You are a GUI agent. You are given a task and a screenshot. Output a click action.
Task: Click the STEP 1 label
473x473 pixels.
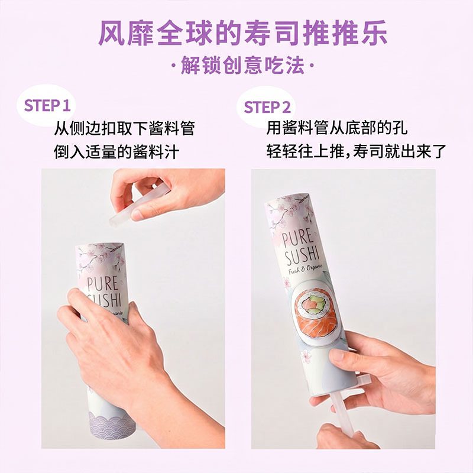(47, 106)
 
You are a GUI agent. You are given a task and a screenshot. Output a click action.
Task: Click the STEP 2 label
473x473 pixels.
(267, 107)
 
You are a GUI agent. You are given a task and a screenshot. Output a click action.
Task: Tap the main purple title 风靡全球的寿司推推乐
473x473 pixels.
(243, 33)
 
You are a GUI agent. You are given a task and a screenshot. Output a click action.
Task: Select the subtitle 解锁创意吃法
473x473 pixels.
(242, 66)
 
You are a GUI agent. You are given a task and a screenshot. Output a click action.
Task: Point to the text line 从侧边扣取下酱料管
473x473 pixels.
(124, 128)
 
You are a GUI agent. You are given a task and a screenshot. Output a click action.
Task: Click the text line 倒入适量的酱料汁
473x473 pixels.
(116, 151)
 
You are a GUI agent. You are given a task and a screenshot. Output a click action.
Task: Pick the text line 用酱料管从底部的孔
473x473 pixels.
(336, 128)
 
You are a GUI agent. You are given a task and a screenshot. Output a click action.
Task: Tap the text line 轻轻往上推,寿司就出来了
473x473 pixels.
(356, 151)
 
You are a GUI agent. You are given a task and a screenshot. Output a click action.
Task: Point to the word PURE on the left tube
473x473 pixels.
(102, 284)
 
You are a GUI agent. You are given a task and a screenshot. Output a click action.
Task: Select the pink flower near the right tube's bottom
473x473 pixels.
(307, 356)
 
